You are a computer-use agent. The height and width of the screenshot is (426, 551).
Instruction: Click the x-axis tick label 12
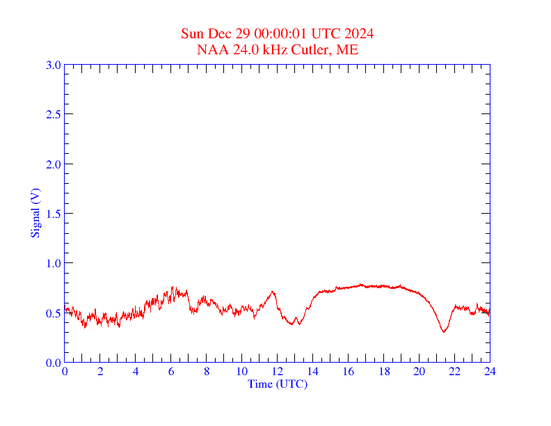[x=278, y=372]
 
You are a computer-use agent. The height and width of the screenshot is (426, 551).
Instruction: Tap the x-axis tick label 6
[x=171, y=372]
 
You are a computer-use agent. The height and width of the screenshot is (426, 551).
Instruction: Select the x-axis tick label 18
[x=384, y=372]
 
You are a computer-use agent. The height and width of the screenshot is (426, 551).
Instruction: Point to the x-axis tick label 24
[x=490, y=372]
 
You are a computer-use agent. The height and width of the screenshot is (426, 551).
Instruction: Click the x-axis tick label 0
[x=65, y=372]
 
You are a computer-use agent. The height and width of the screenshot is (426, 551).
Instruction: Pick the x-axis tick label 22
[x=454, y=372]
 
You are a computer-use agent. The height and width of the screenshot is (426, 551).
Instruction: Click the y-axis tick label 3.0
[x=53, y=65]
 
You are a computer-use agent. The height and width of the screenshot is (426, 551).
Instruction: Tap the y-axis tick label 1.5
[x=53, y=214]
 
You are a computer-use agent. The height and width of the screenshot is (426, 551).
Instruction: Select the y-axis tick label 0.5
[x=53, y=313]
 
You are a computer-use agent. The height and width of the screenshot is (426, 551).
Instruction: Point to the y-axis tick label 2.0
[x=53, y=164]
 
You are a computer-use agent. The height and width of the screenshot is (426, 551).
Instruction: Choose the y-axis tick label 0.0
[x=53, y=363]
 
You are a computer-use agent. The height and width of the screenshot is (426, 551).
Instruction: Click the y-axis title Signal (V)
[x=35, y=213]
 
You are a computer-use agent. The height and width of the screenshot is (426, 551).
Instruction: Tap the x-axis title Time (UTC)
[x=278, y=384]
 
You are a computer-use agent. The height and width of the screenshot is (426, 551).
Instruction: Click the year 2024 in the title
[x=360, y=34]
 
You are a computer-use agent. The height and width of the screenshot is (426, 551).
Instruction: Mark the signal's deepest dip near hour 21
[x=444, y=331]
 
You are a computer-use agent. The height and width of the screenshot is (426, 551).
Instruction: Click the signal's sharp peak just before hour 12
[x=273, y=292]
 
